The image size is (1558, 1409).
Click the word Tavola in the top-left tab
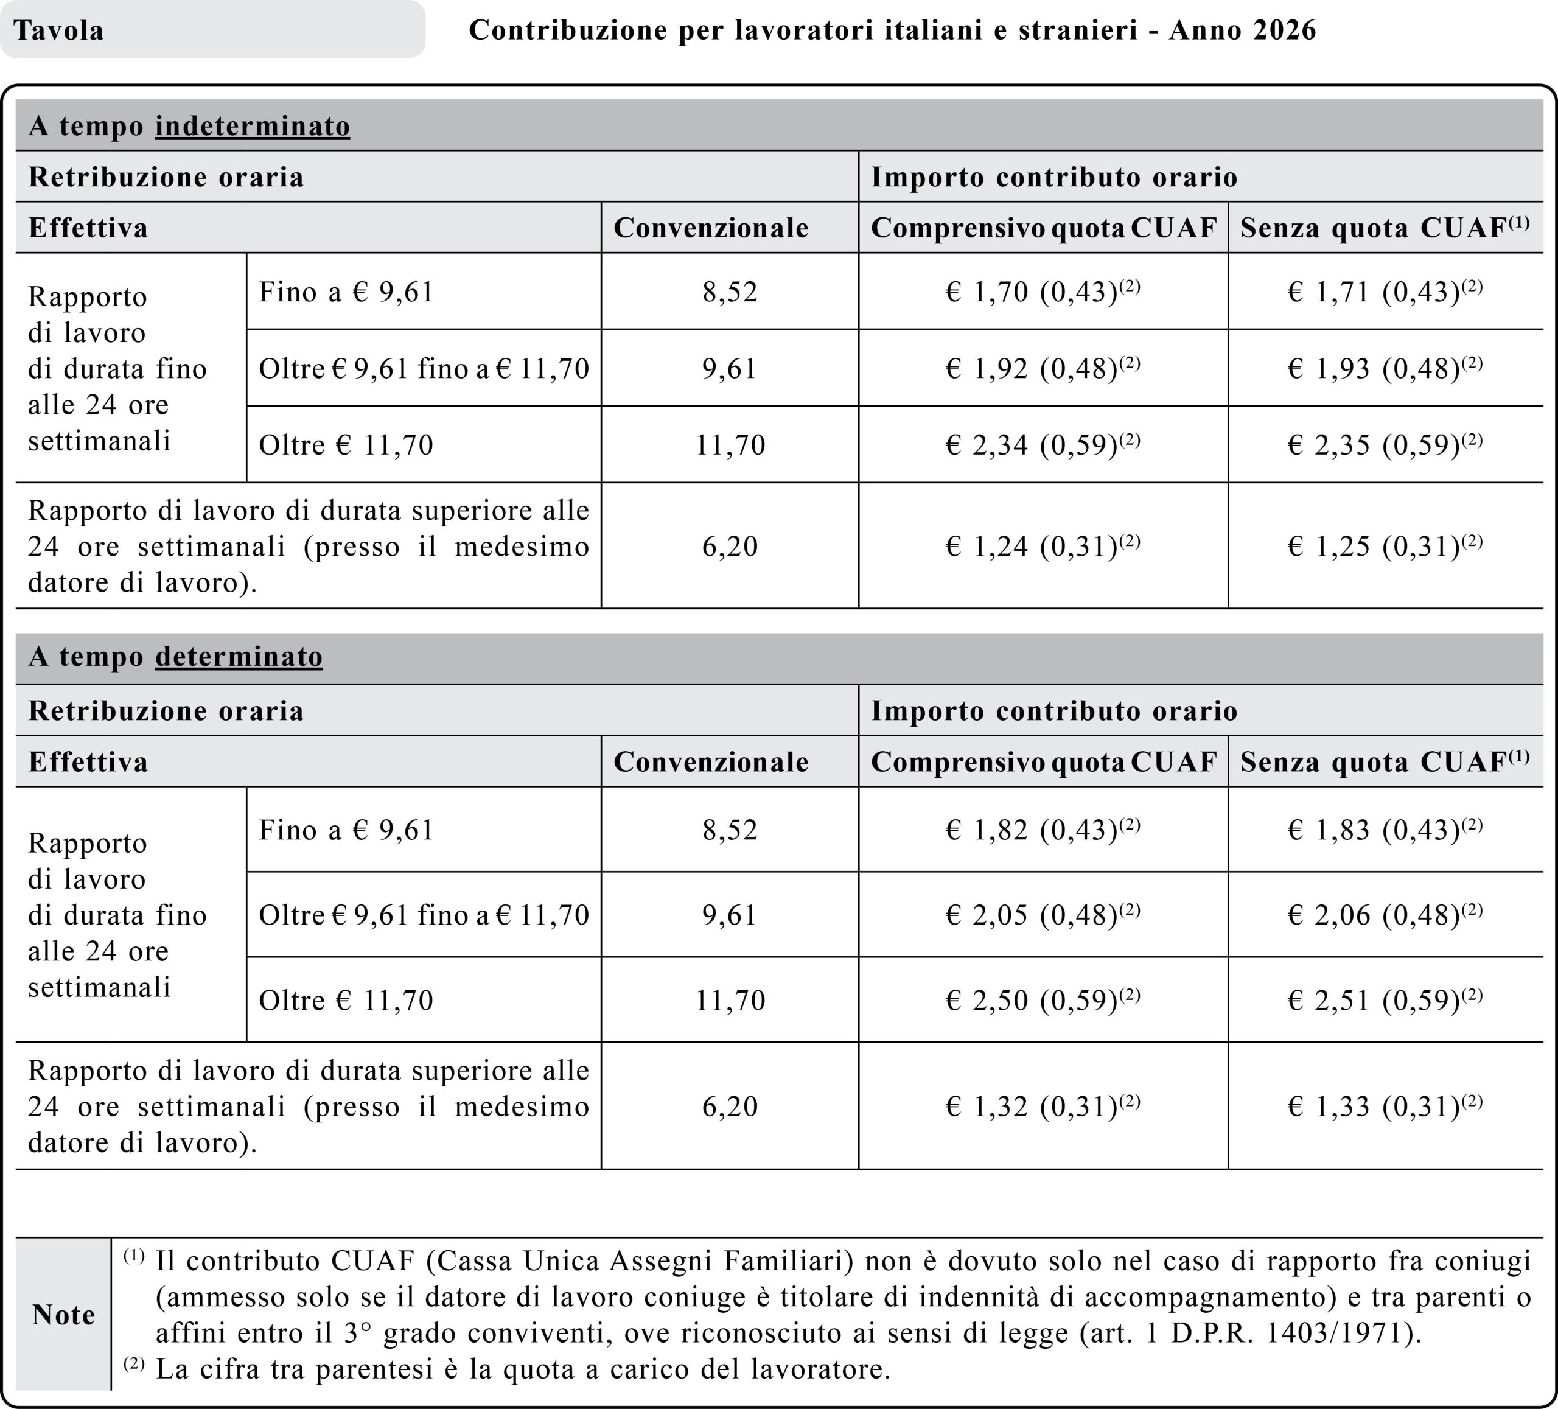point(59,31)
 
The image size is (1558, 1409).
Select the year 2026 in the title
point(1284,30)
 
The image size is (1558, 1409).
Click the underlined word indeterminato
point(253,126)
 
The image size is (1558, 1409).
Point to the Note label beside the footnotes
point(63,1315)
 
